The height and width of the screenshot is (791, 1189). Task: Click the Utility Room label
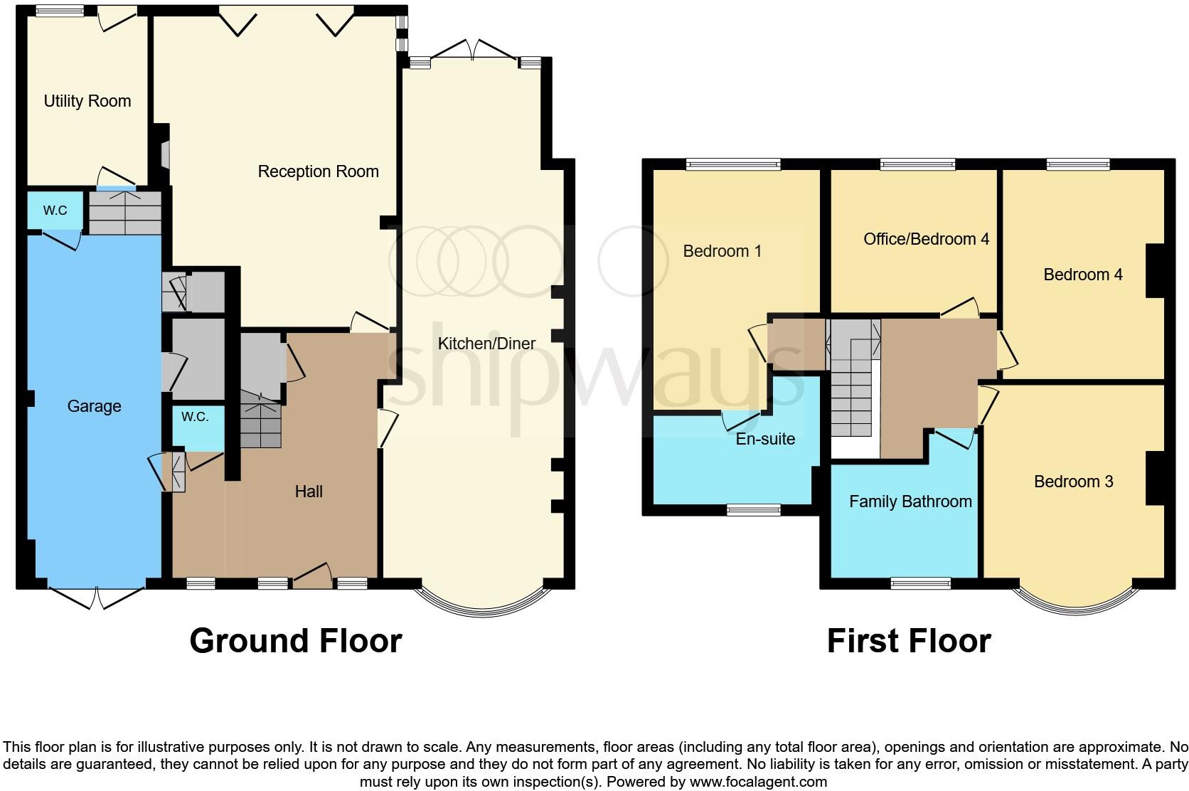(87, 101)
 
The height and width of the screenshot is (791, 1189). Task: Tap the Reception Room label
(318, 171)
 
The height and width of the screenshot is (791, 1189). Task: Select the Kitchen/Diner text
(486, 344)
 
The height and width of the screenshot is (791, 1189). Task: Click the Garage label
(94, 406)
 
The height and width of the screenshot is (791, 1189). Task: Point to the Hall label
(309, 492)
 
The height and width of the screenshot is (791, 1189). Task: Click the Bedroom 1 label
(722, 251)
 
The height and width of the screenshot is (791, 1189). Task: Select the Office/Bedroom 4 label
(926, 239)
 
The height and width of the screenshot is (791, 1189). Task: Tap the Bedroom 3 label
(1073, 482)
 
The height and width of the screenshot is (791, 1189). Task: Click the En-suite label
(765, 439)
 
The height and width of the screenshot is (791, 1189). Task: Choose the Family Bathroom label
(910, 501)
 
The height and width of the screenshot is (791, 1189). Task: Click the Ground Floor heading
(295, 640)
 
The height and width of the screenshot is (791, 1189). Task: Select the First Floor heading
(908, 640)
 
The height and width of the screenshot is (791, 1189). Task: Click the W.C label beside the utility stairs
(55, 211)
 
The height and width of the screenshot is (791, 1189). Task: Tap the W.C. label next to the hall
(194, 417)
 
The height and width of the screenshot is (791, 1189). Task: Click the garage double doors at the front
(97, 598)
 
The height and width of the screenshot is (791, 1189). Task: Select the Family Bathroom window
(920, 583)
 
